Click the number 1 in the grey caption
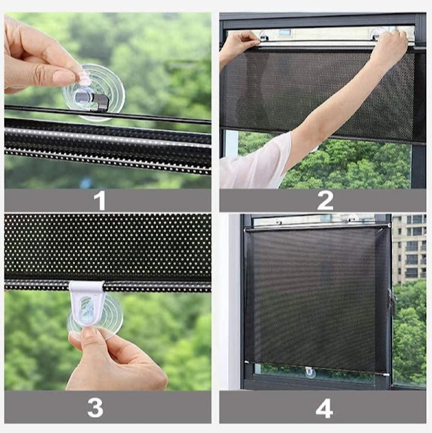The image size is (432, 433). tap(100, 200)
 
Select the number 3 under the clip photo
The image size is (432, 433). tap(95, 408)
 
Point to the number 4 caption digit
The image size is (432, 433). tap(324, 409)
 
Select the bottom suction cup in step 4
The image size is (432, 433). tap(310, 372)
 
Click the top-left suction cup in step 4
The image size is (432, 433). tap(279, 222)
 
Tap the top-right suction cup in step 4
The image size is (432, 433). tap(351, 218)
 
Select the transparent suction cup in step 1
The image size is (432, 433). tap(93, 93)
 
